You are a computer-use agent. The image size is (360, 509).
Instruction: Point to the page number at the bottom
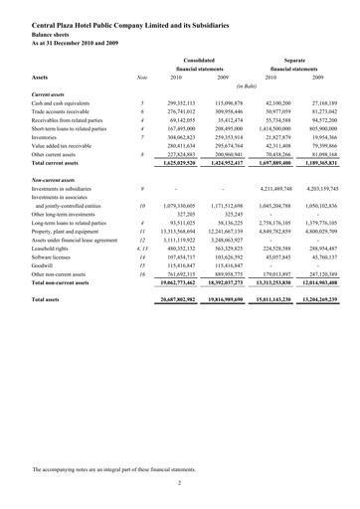point(180,481)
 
